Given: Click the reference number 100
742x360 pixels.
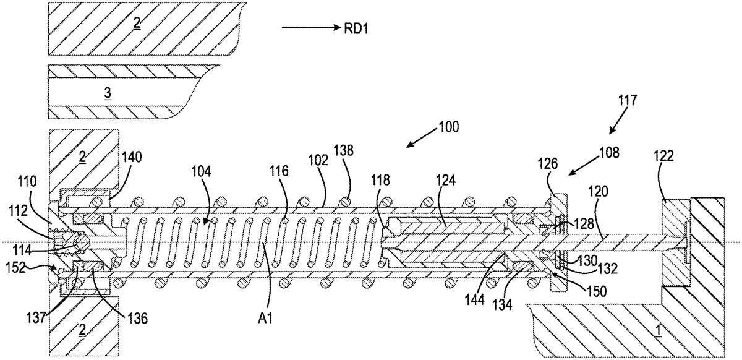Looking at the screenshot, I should (446, 128).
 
